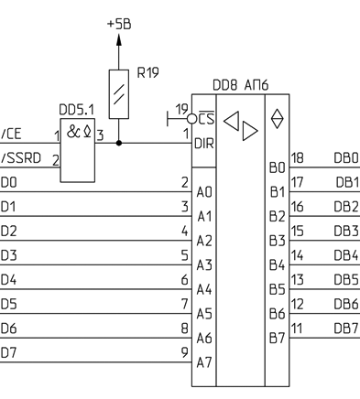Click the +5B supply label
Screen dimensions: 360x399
pyautogui.click(x=119, y=24)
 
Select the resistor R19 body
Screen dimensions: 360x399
pyautogui.click(x=119, y=94)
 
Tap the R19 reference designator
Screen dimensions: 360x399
pyautogui.click(x=148, y=72)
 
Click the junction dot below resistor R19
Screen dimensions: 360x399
pyautogui.click(x=119, y=143)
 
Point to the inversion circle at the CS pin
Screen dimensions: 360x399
pyautogui.click(x=191, y=119)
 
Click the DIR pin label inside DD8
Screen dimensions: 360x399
pyautogui.click(x=204, y=144)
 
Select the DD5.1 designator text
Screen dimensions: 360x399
pyautogui.click(x=76, y=110)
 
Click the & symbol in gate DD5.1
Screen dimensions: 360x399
pyautogui.click(x=73, y=132)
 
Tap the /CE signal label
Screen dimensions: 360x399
pyautogui.click(x=11, y=134)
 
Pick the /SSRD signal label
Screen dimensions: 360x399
pyautogui.click(x=21, y=158)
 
